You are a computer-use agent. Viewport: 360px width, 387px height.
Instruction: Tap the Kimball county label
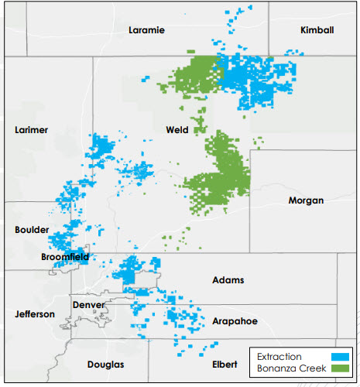(317, 30)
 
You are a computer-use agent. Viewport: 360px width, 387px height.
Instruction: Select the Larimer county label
(32, 130)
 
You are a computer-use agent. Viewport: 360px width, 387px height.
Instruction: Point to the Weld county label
(177, 130)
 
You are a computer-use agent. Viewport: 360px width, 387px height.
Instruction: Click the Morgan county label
(305, 200)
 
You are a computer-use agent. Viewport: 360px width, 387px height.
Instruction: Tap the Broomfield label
(65, 256)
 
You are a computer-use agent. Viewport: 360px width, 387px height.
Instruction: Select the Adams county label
(228, 279)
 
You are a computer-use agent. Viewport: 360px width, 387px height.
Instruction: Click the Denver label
(88, 305)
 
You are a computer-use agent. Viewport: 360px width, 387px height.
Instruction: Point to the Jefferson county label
(35, 314)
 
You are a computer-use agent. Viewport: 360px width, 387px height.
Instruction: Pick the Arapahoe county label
(234, 320)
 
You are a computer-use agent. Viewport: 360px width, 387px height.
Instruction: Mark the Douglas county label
(105, 364)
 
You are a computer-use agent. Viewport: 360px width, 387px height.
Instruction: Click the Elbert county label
(226, 364)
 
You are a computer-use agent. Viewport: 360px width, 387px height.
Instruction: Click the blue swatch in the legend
(341, 357)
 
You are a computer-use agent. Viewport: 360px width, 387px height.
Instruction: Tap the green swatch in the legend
(341, 369)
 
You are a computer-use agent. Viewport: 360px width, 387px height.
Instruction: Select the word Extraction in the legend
(280, 357)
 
